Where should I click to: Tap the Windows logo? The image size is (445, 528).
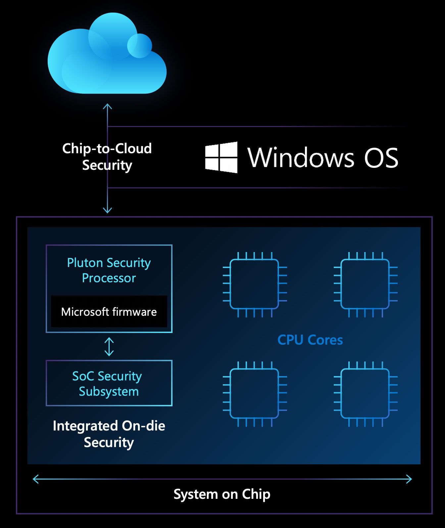click(221, 157)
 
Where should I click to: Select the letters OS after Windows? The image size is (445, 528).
click(381, 158)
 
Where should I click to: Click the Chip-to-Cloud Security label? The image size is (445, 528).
click(107, 157)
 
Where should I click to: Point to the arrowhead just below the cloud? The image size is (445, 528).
click(107, 107)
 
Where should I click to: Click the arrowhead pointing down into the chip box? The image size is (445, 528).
click(107, 210)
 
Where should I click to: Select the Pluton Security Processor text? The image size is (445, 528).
click(109, 270)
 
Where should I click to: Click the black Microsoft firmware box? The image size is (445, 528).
click(109, 312)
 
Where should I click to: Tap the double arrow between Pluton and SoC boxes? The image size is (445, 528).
click(109, 347)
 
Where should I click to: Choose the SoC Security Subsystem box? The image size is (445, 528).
click(109, 383)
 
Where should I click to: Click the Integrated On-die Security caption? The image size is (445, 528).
click(109, 434)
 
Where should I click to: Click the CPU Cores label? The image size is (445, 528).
click(310, 340)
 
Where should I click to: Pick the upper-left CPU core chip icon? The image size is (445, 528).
click(254, 284)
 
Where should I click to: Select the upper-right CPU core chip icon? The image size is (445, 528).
click(365, 284)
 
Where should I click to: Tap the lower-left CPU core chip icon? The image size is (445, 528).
click(254, 394)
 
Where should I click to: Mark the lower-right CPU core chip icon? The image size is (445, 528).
click(365, 394)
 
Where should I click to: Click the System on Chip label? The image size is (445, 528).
click(222, 494)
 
